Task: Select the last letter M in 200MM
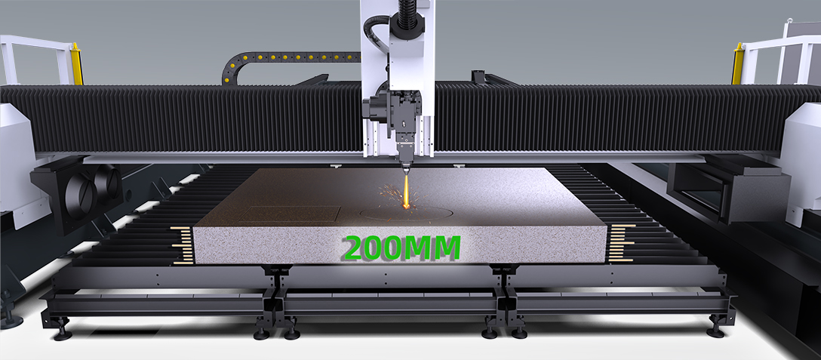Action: pos(445,248)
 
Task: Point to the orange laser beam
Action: pos(406,189)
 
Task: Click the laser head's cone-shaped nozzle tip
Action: pos(406,166)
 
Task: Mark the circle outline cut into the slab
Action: pos(407,213)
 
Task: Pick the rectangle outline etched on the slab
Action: pos(293,214)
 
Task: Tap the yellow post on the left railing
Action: pos(76,64)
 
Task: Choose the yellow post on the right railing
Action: pos(738,64)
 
